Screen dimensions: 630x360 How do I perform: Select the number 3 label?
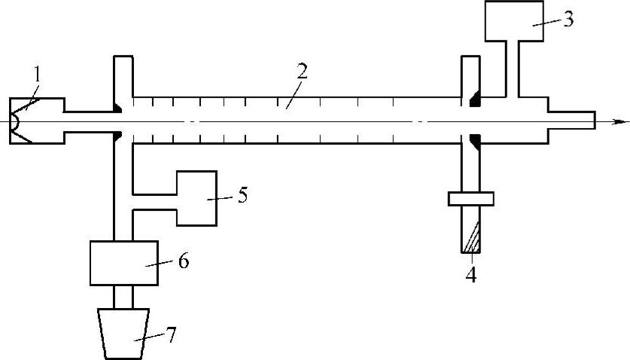(x=568, y=19)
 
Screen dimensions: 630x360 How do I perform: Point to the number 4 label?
(x=471, y=274)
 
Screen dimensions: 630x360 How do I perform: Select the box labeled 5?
(x=196, y=198)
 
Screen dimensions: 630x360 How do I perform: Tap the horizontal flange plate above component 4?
(x=470, y=199)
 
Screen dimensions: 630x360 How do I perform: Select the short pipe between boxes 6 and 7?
(x=123, y=296)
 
